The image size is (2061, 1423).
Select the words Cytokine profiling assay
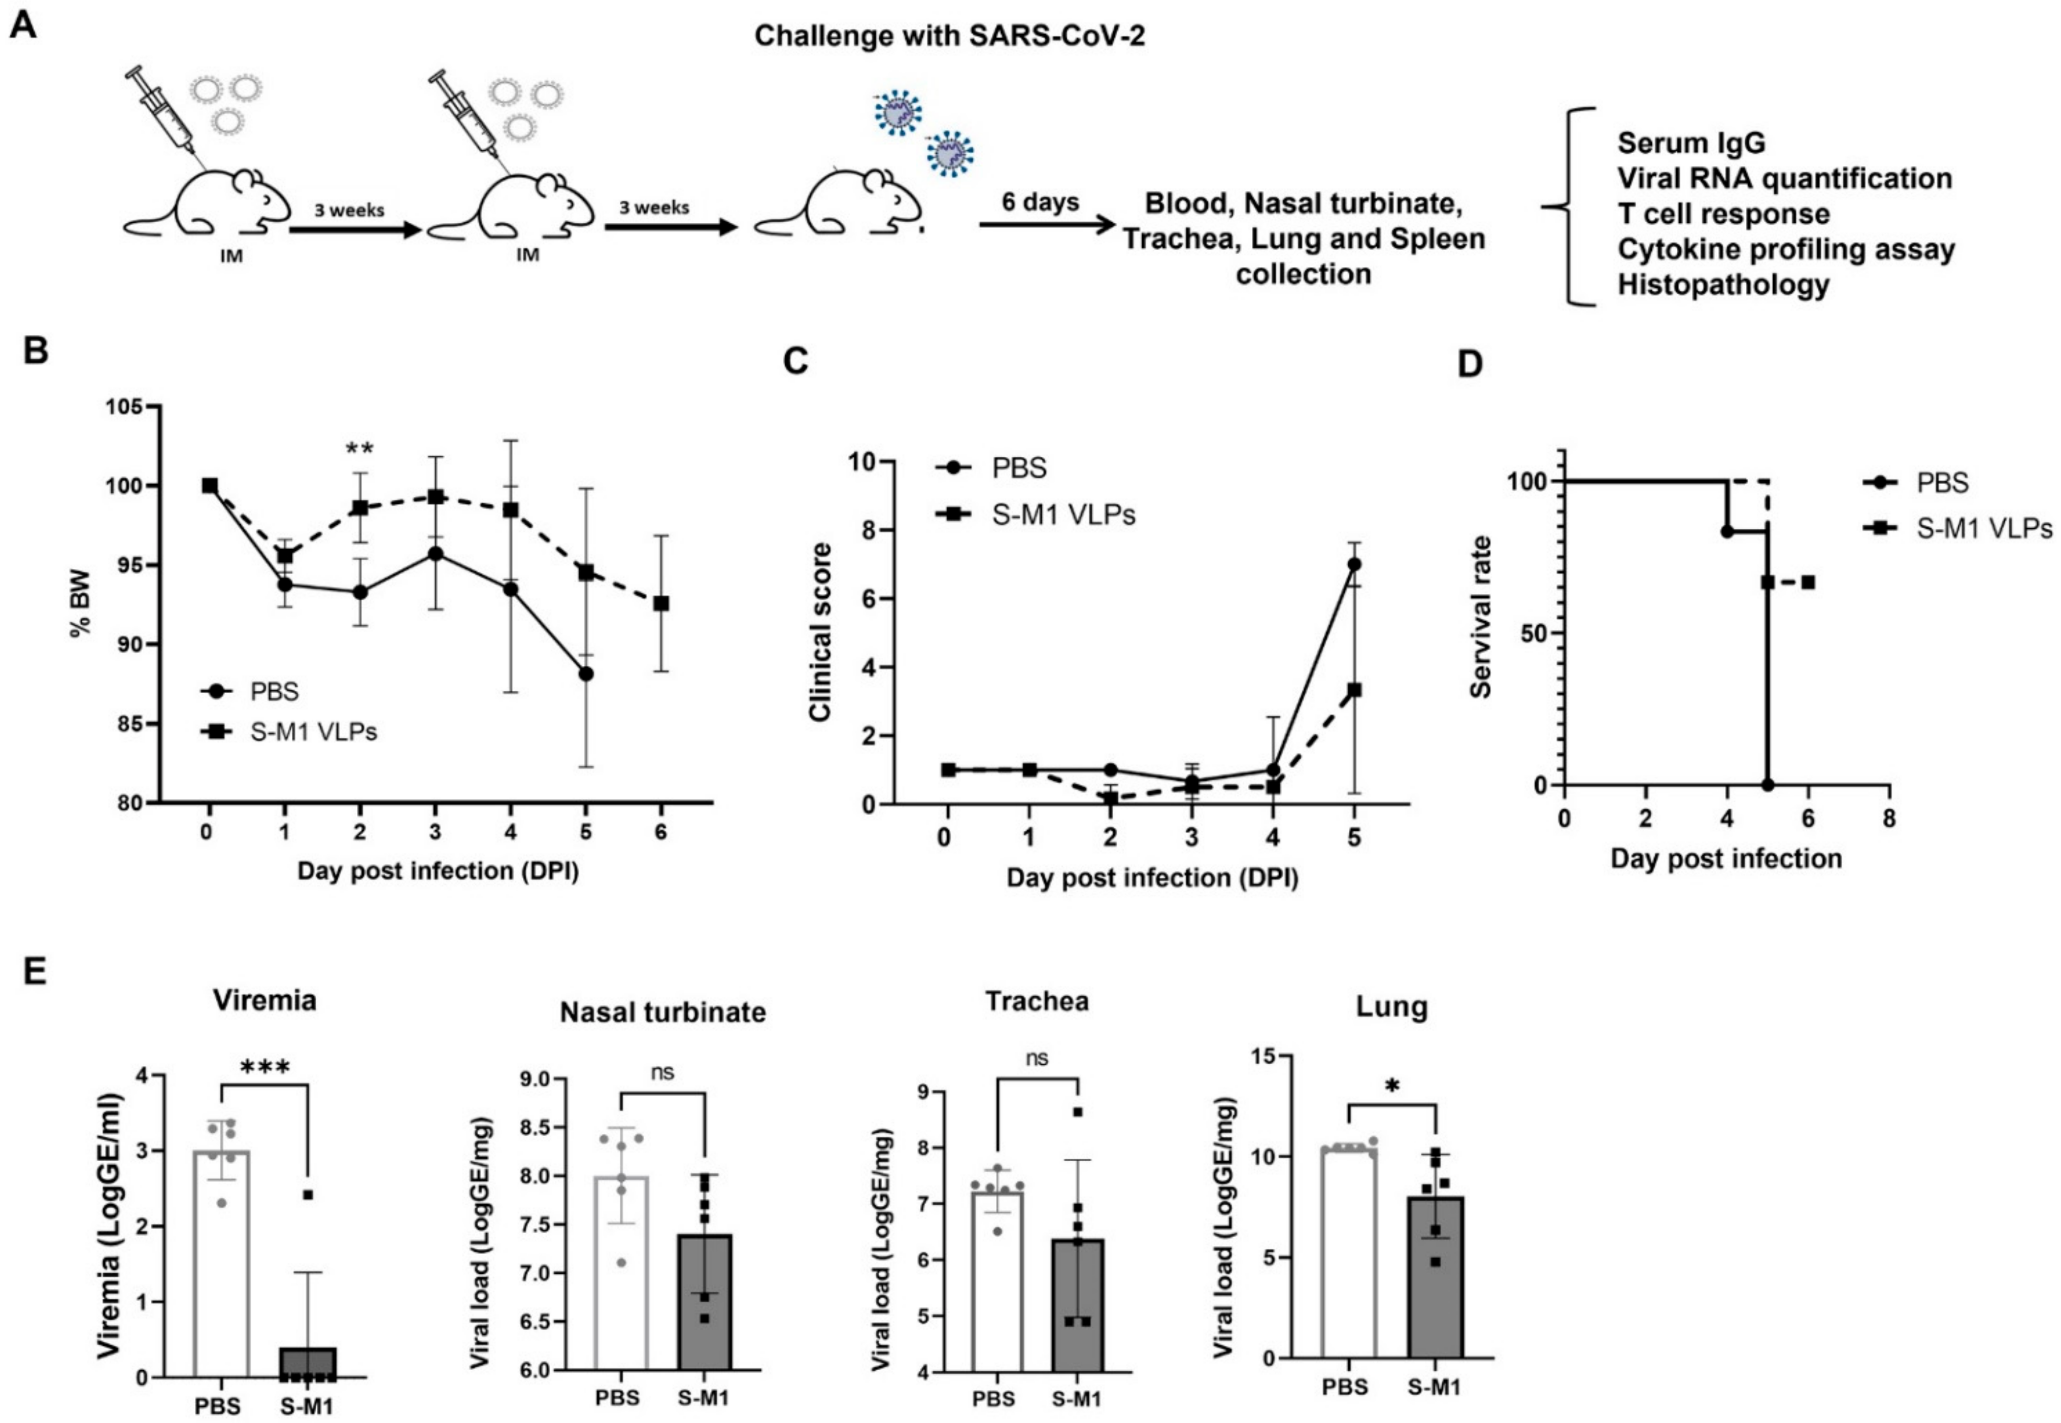click(1785, 250)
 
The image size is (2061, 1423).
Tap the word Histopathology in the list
click(1723, 285)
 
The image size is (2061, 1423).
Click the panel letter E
click(34, 970)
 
